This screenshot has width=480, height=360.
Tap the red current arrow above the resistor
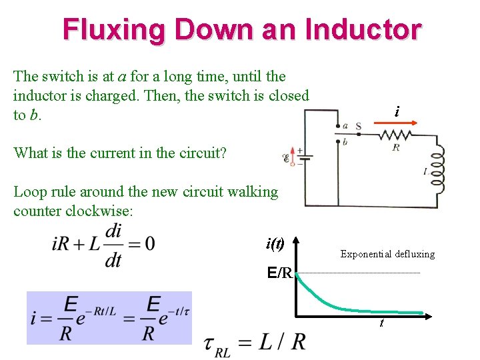click(x=400, y=123)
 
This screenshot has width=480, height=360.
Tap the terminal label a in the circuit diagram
click(x=345, y=125)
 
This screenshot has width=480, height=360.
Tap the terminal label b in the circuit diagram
click(x=345, y=141)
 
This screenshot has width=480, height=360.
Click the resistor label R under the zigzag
click(x=396, y=147)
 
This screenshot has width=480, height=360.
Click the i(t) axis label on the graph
click(x=275, y=243)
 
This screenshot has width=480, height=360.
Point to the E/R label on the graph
click(x=279, y=272)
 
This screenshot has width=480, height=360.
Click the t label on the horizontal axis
click(x=381, y=323)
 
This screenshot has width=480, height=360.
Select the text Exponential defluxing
click(x=387, y=254)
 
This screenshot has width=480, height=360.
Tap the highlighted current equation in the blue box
click(x=109, y=317)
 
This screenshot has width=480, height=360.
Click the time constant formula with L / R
click(x=256, y=343)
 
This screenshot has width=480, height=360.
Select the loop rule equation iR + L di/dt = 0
click(x=103, y=244)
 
